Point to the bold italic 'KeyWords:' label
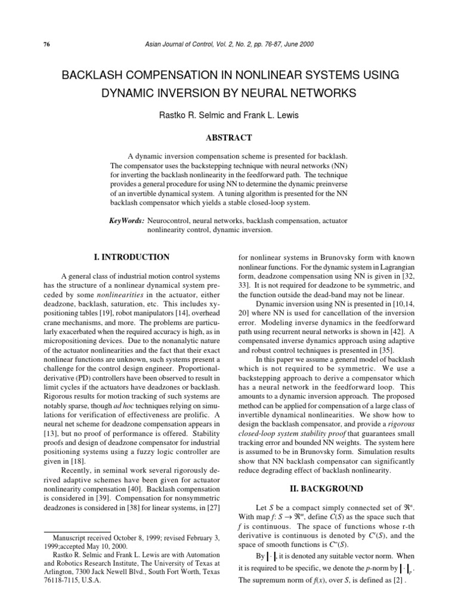pyautogui.click(x=127, y=220)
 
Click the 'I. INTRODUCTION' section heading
pyautogui.click(x=129, y=257)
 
